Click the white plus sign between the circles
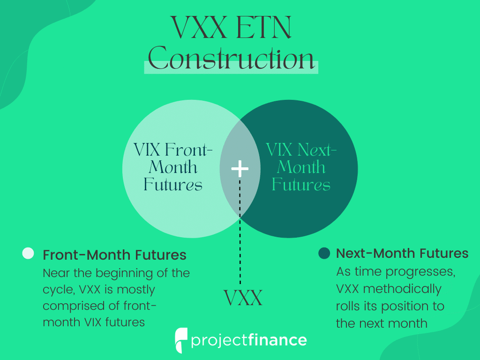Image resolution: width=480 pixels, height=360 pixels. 240,169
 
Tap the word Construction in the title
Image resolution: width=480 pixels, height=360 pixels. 232,58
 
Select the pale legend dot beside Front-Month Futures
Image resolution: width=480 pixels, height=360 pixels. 28,253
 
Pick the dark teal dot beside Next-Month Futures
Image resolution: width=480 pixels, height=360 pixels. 324,253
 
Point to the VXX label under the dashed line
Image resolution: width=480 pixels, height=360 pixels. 243,298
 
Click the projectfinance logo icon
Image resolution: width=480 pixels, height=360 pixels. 181,340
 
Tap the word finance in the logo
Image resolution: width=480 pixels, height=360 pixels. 277,340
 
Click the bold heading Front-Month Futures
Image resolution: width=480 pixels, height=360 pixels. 114,255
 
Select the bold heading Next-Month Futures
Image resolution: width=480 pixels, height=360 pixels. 402,253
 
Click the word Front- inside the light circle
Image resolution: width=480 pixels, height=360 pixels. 188,150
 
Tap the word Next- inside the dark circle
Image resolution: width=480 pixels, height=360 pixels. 317,150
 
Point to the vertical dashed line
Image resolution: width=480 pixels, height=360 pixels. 240,232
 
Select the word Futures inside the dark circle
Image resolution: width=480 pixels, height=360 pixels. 301,185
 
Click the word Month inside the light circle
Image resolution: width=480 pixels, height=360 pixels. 173,167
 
